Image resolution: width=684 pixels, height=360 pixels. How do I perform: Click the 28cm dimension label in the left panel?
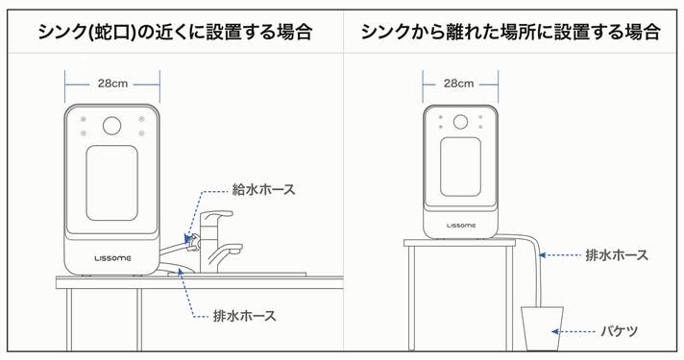[112, 84]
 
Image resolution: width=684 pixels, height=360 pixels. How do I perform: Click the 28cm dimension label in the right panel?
[458, 84]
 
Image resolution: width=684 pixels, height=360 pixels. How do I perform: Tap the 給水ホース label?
[263, 189]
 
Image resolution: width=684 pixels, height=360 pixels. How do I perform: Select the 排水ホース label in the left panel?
[245, 316]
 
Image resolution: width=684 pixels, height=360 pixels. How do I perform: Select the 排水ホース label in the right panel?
[617, 255]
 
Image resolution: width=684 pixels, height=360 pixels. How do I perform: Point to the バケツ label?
[620, 331]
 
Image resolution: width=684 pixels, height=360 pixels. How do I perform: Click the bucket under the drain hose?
[542, 328]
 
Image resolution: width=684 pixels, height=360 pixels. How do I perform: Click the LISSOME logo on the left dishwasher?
[112, 258]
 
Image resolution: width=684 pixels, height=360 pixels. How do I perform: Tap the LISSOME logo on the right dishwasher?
[461, 226]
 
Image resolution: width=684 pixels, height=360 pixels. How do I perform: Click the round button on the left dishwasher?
[112, 126]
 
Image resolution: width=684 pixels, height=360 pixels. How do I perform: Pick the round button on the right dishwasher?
[460, 122]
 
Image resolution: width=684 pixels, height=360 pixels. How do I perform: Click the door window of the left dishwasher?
[112, 183]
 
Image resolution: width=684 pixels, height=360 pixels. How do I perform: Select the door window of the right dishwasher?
[460, 167]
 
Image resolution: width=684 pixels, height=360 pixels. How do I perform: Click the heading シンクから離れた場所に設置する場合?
[510, 32]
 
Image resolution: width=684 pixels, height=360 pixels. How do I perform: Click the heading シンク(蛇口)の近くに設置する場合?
[176, 32]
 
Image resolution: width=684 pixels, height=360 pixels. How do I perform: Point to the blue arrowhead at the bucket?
[555, 331]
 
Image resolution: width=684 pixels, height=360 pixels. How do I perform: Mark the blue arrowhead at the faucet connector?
[188, 238]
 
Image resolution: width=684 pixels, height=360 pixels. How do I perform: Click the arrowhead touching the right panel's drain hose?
[543, 255]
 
